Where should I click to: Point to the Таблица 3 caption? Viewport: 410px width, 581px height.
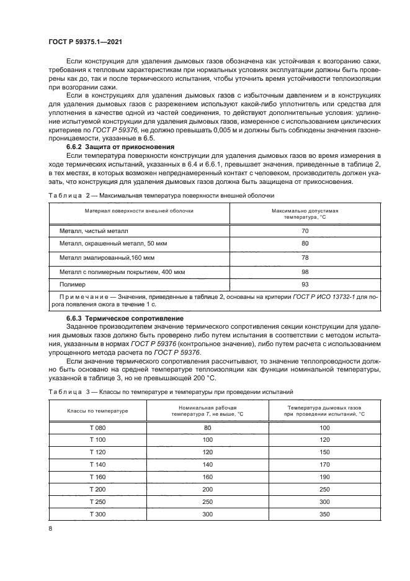(167, 391)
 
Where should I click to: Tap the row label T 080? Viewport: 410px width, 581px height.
(97, 427)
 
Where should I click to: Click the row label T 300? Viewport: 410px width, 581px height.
(97, 514)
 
